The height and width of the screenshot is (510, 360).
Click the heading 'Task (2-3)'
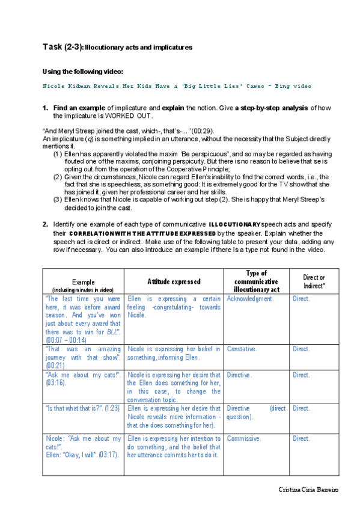[x=63, y=46]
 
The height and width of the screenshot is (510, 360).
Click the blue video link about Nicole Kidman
[x=177, y=86]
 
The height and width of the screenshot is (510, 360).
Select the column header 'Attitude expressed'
[x=174, y=281]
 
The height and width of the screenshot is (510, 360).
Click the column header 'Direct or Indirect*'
[x=314, y=281]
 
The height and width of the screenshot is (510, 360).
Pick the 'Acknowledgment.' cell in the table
[x=251, y=299]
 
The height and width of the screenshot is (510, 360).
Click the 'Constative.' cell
[x=242, y=349]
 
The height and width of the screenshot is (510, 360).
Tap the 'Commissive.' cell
[x=244, y=438]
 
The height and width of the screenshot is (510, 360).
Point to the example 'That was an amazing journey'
[x=83, y=353]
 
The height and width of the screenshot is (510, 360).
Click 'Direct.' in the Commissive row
[x=302, y=438]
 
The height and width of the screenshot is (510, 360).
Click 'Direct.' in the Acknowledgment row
[x=302, y=299]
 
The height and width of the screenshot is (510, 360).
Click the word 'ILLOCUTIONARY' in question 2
[x=234, y=224]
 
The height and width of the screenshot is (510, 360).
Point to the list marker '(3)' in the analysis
[x=58, y=200]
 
